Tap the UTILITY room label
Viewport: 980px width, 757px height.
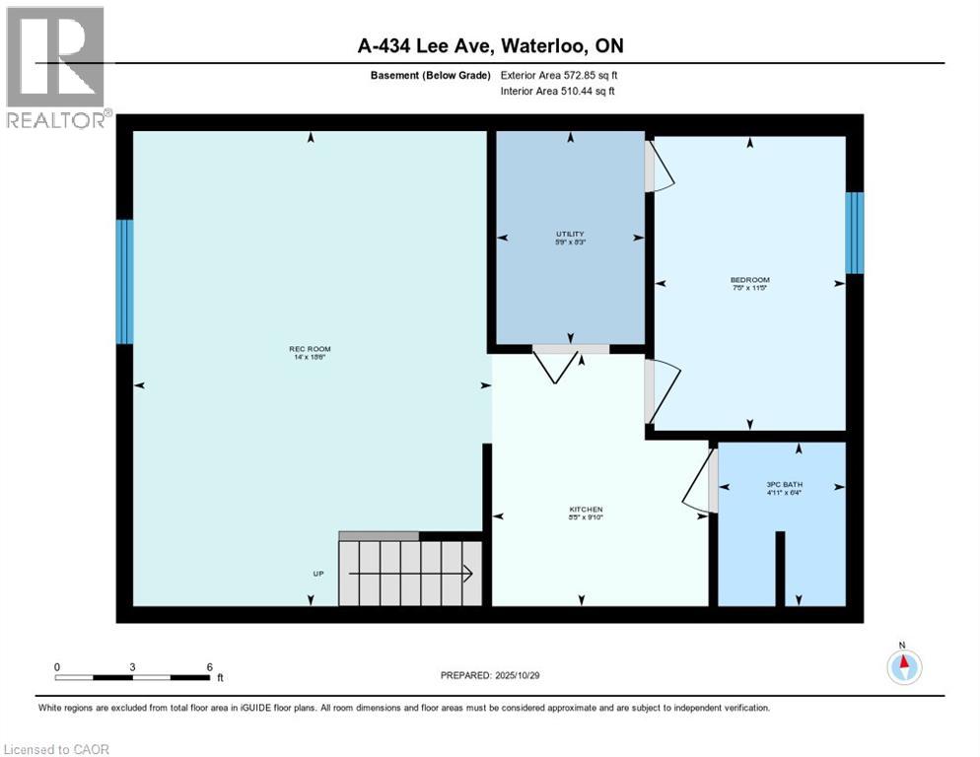click(570, 234)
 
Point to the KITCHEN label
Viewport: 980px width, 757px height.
click(585, 510)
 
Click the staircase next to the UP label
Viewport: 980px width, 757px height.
click(409, 573)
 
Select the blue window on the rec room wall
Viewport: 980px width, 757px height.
click(124, 282)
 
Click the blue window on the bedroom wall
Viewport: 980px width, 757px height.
click(855, 233)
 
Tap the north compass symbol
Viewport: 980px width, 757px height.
click(903, 667)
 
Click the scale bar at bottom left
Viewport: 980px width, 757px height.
click(132, 677)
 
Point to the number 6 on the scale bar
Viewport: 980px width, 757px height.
click(209, 666)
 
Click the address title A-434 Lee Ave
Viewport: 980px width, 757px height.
click(490, 46)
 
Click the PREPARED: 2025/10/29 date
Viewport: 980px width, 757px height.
click(490, 675)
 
